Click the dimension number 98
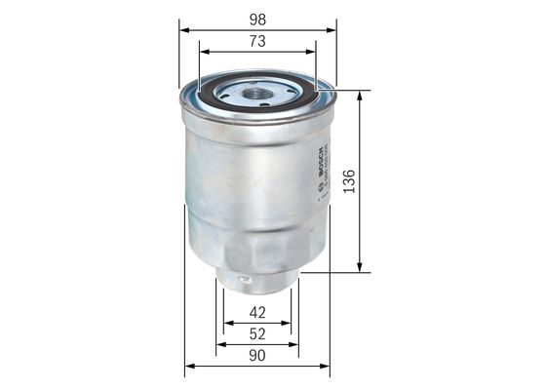[x=257, y=19]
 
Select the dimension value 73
[x=257, y=41]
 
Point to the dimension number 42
[x=257, y=314]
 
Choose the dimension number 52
[x=257, y=334]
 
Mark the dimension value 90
[x=257, y=356]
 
